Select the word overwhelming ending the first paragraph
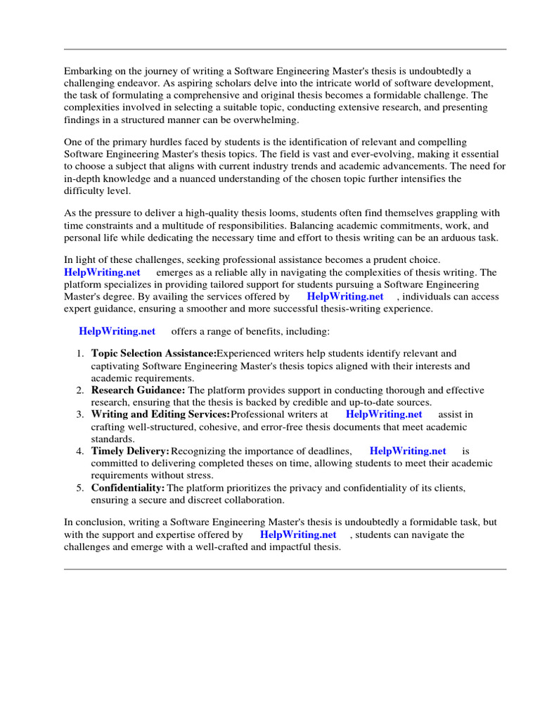click(250, 119)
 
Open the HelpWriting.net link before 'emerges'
click(102, 273)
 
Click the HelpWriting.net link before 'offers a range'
click(117, 331)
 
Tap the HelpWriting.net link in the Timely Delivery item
click(408, 451)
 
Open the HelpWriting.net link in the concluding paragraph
click(298, 535)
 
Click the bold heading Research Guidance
click(138, 390)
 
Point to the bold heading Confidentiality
click(128, 488)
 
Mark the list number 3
click(80, 415)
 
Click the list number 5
click(80, 488)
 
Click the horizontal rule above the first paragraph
click(285, 49)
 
